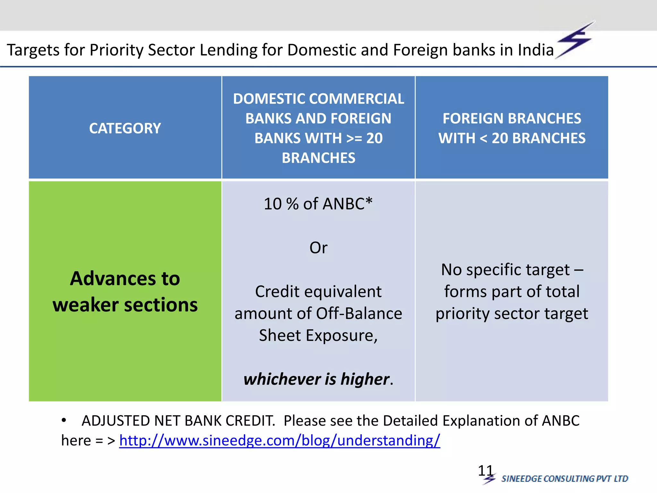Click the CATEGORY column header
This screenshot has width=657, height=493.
pos(125,128)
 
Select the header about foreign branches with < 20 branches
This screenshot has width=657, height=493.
pos(512,128)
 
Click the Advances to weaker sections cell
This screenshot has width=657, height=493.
pos(125,291)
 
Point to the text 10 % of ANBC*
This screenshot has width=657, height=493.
pos(318,204)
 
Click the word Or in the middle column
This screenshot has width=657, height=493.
pos(318,248)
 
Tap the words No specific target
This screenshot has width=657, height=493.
pos(505,270)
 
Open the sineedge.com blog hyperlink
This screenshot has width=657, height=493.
pos(279,440)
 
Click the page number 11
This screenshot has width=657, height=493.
pos(485,471)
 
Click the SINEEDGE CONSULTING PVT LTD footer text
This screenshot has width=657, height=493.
pos(565,479)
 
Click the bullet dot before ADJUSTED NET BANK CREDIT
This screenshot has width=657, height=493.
pos(64,420)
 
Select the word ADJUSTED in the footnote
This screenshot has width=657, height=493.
pos(115,421)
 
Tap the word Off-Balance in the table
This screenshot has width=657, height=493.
pos(359,314)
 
